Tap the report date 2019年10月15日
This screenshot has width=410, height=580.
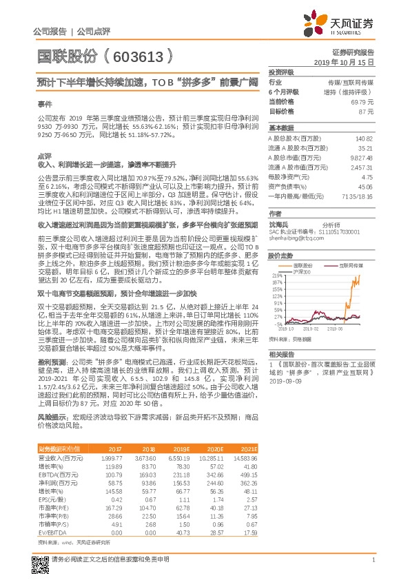click(x=349, y=62)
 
